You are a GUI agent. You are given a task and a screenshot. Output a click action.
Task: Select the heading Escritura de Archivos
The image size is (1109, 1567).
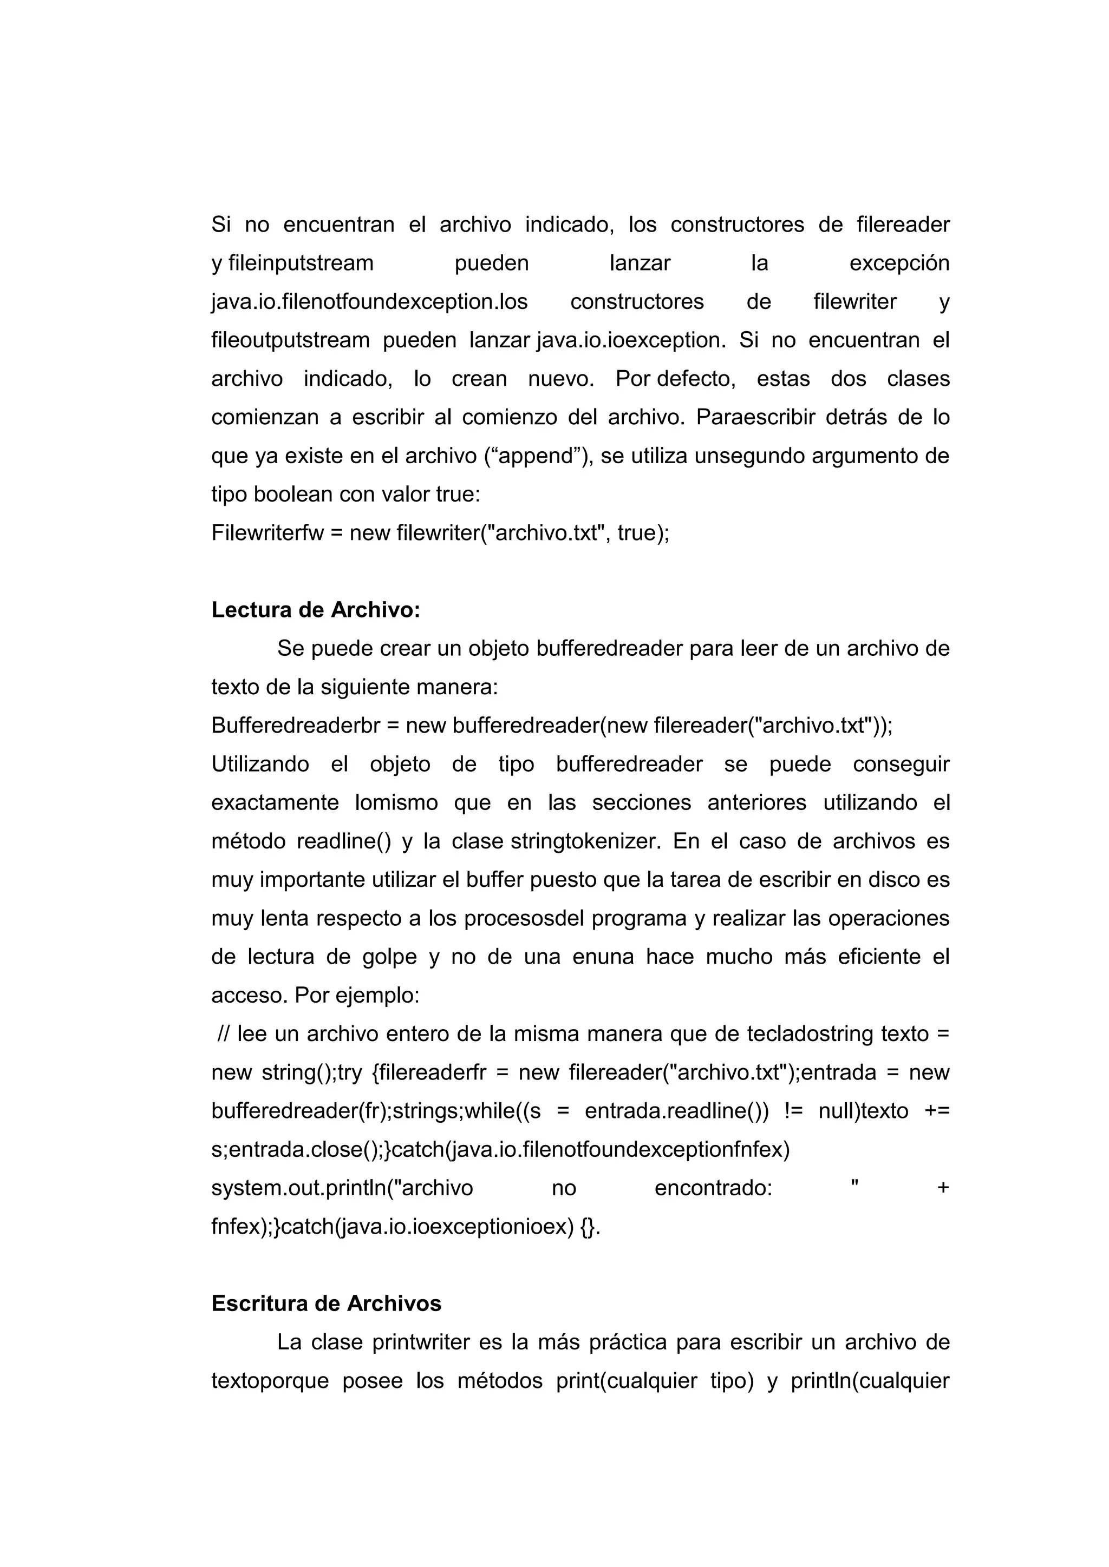tap(327, 1303)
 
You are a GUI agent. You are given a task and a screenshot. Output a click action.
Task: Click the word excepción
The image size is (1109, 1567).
tap(899, 263)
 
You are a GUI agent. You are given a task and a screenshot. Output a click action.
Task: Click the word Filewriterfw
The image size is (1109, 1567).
tap(268, 532)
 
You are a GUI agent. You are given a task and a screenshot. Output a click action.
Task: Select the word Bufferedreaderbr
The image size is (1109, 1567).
tap(295, 725)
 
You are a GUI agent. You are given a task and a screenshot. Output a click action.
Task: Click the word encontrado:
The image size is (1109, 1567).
tap(713, 1188)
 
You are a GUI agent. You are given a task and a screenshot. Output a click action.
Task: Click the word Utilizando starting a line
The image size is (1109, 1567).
tap(260, 763)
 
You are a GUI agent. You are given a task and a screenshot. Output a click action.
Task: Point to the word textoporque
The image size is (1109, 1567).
tap(270, 1381)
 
